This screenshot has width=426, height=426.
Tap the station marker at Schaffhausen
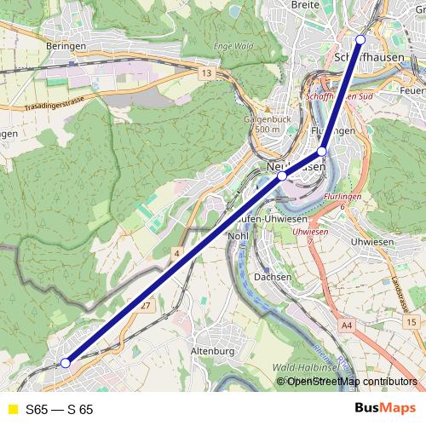click(x=360, y=39)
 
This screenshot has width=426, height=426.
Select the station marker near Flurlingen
click(x=322, y=151)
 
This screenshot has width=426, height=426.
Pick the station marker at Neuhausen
click(x=282, y=176)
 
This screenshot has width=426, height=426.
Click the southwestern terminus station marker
click(x=66, y=363)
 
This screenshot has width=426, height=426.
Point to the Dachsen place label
click(x=273, y=277)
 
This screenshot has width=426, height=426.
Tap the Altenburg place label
click(x=213, y=350)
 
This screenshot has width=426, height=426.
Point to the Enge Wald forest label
click(x=235, y=43)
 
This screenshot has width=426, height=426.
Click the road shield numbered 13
click(x=206, y=75)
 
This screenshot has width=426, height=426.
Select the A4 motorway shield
click(x=346, y=325)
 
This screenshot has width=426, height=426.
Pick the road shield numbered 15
click(x=412, y=321)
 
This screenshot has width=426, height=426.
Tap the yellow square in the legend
click(x=12, y=410)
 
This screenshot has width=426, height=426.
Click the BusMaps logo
click(x=384, y=409)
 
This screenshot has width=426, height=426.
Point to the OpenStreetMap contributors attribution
click(x=351, y=381)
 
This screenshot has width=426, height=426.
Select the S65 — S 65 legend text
click(x=60, y=410)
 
